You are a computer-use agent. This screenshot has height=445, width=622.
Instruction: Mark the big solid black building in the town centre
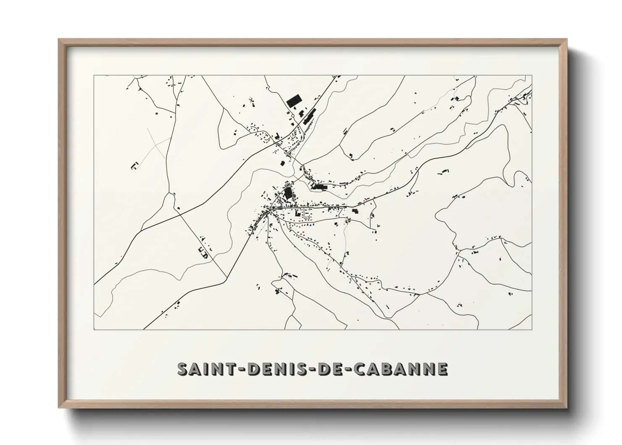point(288,193)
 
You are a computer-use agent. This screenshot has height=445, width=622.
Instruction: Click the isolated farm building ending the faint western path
point(134,165)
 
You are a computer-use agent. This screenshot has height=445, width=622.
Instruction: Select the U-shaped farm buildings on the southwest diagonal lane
point(203,253)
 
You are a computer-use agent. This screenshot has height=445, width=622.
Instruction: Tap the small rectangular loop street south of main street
point(307,216)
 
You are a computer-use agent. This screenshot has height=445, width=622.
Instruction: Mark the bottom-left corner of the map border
point(94,329)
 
